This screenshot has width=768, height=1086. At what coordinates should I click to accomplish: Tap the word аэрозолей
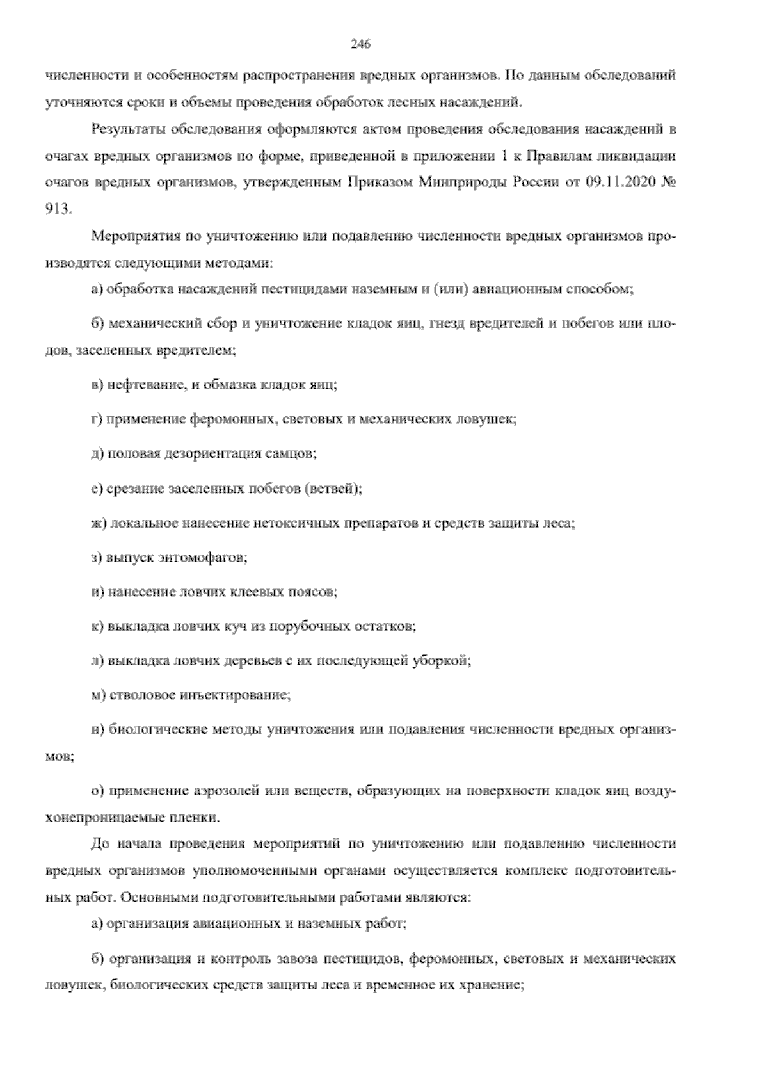(221, 791)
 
